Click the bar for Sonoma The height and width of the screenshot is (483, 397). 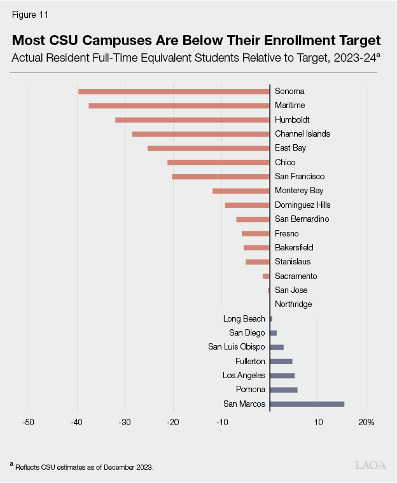click(x=174, y=92)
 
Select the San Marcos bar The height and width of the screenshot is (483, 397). click(x=307, y=404)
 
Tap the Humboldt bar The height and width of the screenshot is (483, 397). click(x=192, y=120)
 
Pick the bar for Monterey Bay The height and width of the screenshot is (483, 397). click(x=241, y=191)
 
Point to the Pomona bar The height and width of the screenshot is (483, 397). click(x=284, y=390)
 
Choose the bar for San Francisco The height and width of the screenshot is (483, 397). click(x=221, y=177)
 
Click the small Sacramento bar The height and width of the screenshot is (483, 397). click(x=266, y=276)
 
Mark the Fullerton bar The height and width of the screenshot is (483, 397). click(x=281, y=362)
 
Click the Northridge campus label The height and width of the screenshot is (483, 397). click(x=293, y=304)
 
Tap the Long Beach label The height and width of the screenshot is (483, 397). click(x=244, y=319)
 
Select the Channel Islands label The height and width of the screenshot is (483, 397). click(x=302, y=134)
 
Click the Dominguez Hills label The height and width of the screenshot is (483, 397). click(x=302, y=205)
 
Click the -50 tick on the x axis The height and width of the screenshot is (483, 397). click(x=29, y=422)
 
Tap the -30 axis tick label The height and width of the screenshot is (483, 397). click(x=125, y=422)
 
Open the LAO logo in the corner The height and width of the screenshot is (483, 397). click(x=370, y=465)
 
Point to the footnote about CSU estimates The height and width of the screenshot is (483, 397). click(x=83, y=467)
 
